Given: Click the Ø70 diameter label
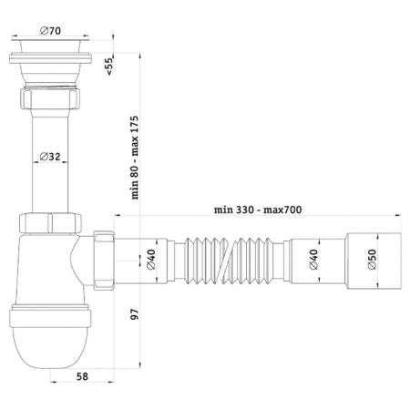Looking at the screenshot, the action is [x=50, y=31].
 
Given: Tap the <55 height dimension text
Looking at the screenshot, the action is [x=108, y=66].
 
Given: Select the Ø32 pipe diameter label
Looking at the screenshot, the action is [x=50, y=157].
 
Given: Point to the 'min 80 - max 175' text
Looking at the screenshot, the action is [x=135, y=158].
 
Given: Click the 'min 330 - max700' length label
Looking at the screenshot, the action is [x=258, y=210].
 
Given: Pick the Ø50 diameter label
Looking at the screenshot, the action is [x=372, y=260].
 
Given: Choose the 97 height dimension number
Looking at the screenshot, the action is [x=134, y=313].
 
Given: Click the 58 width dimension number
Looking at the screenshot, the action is [x=82, y=376].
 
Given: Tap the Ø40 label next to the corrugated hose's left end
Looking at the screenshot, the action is [x=151, y=260].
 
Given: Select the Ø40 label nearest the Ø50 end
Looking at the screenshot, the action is [x=313, y=260].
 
